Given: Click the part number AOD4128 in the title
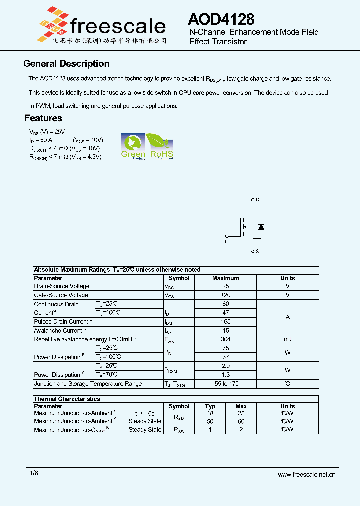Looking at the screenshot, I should point(221,19).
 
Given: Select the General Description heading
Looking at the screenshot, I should point(66,64).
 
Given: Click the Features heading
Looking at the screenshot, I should point(43,118).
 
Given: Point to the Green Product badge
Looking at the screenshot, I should point(133,146).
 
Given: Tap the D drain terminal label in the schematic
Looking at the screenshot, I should point(258,199).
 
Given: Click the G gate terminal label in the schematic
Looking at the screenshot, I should point(227,242).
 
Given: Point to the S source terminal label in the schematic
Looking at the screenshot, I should point(257,252).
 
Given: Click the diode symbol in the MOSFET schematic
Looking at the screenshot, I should point(260,227).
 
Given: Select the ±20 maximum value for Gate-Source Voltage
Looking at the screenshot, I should point(225,295).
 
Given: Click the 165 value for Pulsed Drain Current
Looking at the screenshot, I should point(225,322).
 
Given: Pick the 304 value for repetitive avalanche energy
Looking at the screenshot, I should point(225,339).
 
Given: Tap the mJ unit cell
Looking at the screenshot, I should point(287,339).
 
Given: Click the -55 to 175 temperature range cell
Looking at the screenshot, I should point(225,384).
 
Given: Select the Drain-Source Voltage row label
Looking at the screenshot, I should point(62,286).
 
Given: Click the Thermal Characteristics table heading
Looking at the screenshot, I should point(67,399).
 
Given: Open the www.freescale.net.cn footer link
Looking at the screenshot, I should point(306,475).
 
